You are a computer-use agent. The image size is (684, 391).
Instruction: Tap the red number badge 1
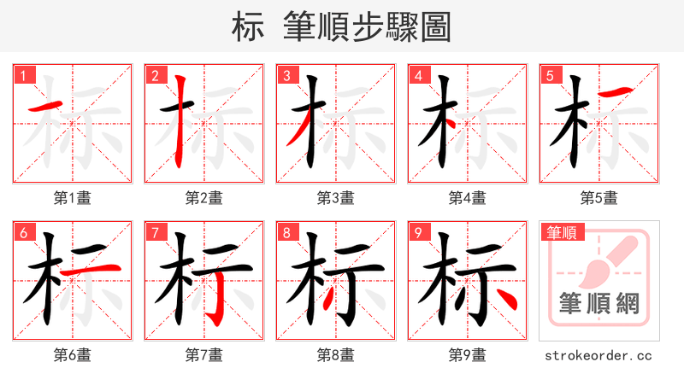pyautogui.click(x=23, y=76)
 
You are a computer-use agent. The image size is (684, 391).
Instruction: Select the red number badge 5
pyautogui.click(x=550, y=76)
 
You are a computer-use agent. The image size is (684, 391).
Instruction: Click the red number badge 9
pyautogui.click(x=418, y=233)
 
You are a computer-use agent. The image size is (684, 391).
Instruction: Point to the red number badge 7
pyautogui.click(x=155, y=233)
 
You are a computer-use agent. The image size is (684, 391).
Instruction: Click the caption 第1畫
pyautogui.click(x=73, y=198)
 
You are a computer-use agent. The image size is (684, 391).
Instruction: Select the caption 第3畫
pyautogui.click(x=336, y=198)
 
